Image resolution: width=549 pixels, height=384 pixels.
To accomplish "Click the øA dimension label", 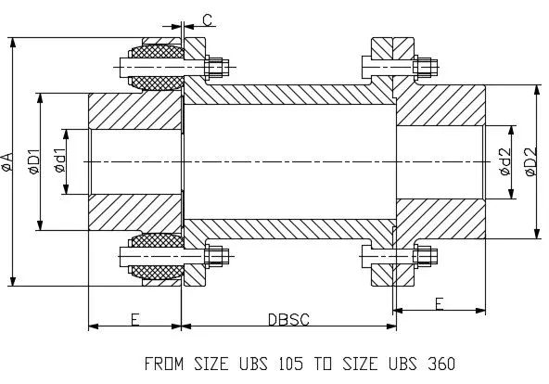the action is [7, 162].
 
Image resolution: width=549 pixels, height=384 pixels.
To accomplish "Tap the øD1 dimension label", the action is [35, 161].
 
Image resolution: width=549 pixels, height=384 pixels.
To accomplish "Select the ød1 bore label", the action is [60, 160].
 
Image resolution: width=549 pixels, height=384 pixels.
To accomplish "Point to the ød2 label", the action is [505, 161].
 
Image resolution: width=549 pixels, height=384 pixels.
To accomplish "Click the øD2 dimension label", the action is [531, 161].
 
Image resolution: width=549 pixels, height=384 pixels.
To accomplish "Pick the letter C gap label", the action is [208, 20].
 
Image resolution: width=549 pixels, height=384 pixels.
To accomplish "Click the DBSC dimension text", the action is [288, 320].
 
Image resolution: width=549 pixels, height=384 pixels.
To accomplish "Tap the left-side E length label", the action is [134, 320].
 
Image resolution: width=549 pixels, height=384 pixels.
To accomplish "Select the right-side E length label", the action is [439, 304].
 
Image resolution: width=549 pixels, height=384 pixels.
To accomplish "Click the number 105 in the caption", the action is [291, 364].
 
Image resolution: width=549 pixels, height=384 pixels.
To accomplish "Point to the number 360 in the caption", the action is [441, 364].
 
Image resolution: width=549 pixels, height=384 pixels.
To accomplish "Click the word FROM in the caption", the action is [164, 364].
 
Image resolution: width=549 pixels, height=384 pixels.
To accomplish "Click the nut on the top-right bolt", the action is [422, 66].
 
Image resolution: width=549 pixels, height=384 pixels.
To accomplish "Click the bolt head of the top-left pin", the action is [125, 67].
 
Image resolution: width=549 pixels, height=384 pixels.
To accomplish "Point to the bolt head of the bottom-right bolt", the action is [366, 256].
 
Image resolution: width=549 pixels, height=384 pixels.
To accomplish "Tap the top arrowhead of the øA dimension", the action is [13, 43].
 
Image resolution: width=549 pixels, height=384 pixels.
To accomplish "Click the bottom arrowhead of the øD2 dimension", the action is [536, 233].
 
